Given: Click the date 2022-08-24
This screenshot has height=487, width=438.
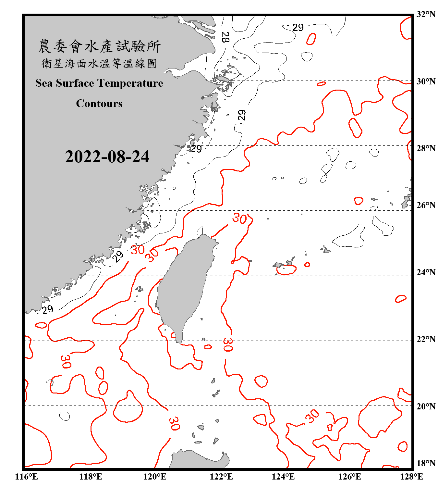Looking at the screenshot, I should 107,157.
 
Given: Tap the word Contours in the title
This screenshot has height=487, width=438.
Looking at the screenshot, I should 99,104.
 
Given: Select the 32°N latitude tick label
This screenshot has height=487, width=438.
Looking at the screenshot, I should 426,14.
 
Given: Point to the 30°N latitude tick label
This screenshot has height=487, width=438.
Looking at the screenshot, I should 426,81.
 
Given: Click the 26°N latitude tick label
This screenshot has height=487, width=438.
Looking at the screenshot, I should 426,205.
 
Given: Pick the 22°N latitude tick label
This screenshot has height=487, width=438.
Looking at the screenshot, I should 426,339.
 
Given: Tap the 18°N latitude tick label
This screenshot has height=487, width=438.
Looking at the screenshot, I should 426,463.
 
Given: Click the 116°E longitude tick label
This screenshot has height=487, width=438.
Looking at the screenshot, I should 26,477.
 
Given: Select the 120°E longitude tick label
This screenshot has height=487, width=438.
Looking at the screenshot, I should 155,477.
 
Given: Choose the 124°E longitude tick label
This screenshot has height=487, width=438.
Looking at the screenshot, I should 283,477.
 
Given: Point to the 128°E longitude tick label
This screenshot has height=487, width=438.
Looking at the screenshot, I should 411,477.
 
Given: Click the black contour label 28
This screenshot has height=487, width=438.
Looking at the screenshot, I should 225,37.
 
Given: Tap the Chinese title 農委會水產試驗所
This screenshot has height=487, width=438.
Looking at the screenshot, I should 99,46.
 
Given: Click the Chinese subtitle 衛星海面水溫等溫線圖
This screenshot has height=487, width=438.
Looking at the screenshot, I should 99,64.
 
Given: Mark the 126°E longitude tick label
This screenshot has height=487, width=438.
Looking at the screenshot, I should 349,477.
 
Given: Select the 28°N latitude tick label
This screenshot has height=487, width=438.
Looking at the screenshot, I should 426,148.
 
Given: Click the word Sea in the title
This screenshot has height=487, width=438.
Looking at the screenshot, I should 44,83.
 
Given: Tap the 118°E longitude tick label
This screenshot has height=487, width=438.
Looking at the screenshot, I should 91,477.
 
